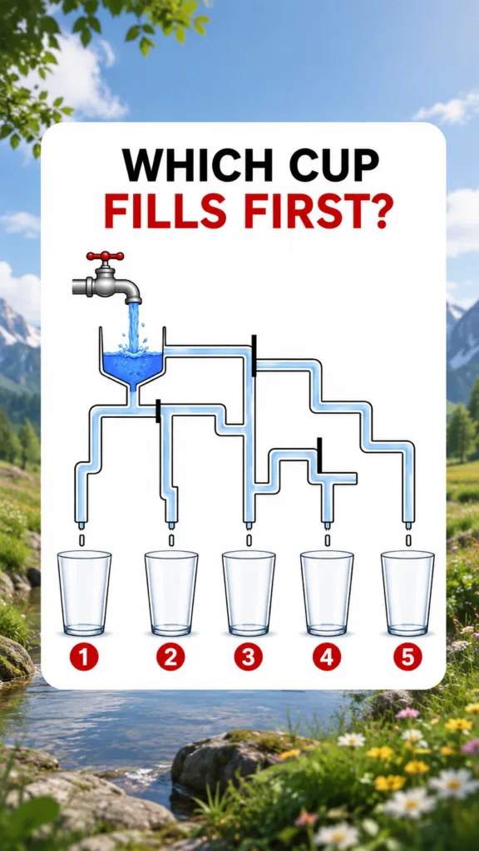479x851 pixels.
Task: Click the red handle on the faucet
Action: coord(105,256)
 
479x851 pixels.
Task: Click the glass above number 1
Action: coord(84,593)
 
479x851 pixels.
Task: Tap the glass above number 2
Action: coord(171,593)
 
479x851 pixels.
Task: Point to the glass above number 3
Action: coord(249,593)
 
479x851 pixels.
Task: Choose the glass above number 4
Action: coord(327,593)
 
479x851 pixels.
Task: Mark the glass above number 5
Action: coord(407,593)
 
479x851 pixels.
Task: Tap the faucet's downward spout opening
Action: coord(133,301)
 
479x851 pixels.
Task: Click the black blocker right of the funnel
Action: coord(254,356)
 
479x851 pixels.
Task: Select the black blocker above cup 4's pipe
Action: coord(320,455)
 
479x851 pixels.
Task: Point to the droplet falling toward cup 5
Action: coord(407,540)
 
